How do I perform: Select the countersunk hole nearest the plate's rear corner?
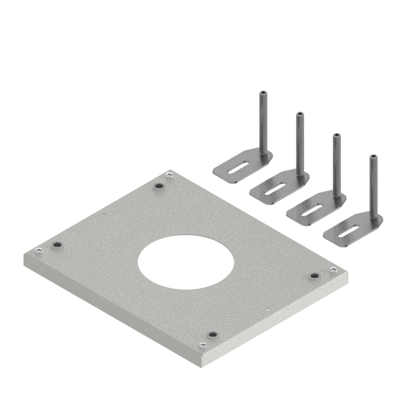click(x=158, y=186)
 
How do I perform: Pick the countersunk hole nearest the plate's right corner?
click(x=312, y=276)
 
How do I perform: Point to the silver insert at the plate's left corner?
click(x=39, y=251)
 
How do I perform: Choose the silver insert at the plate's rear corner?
click(x=169, y=177)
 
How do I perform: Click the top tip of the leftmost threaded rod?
click(x=262, y=92)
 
